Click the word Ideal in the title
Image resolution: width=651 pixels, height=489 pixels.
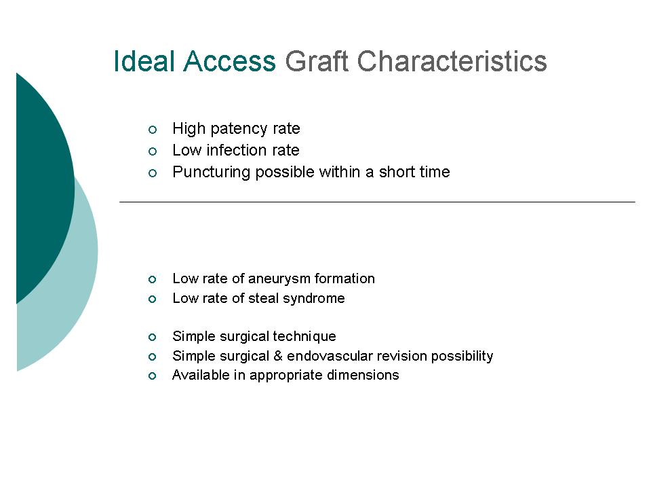(x=144, y=61)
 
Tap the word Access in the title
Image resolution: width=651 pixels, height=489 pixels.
(x=230, y=61)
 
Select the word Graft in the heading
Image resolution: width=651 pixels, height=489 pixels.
(x=317, y=61)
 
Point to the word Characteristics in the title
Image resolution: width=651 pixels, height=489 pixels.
(x=452, y=61)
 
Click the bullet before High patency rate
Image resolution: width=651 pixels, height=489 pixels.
(x=153, y=130)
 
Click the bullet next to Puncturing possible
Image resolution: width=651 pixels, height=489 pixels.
(x=153, y=173)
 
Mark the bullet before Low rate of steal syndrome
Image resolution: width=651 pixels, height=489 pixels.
(x=152, y=299)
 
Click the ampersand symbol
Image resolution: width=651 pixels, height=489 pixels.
(x=278, y=356)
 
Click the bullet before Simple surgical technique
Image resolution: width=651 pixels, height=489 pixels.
(x=152, y=338)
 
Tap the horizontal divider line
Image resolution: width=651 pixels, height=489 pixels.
(x=378, y=202)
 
